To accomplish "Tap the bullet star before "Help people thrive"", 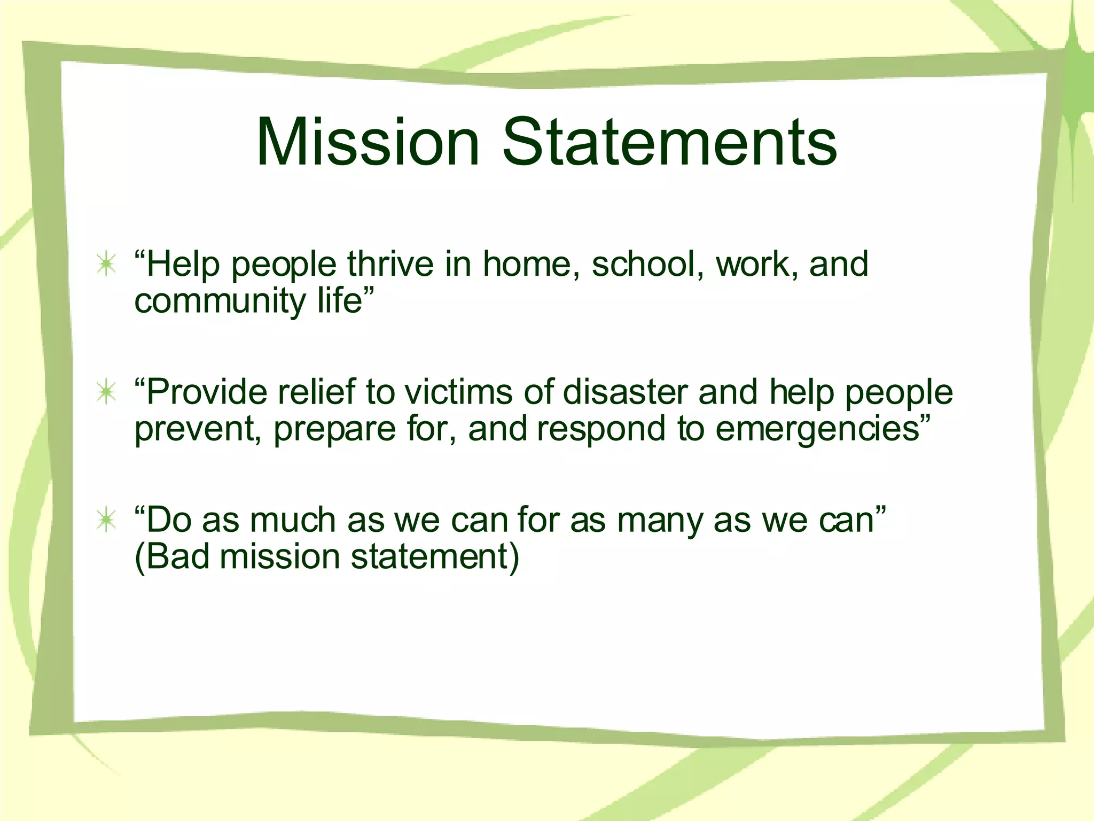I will coord(107,265).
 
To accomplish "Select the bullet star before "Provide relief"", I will coord(107,393).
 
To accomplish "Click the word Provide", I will coord(206,392).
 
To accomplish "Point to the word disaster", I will coord(625,392).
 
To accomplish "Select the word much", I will coord(292,520).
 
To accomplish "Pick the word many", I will coord(660,521).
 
